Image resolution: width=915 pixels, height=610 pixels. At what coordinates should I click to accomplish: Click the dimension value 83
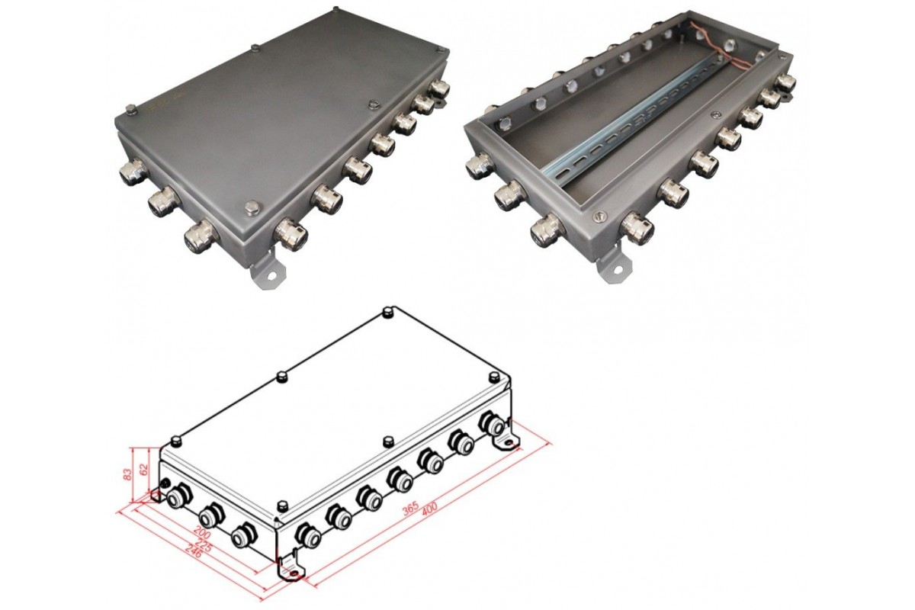(128, 474)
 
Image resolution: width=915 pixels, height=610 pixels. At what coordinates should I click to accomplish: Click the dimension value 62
(143, 469)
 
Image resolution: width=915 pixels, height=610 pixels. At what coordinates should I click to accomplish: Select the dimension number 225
(204, 547)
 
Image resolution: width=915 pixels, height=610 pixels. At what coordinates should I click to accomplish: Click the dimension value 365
(410, 509)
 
